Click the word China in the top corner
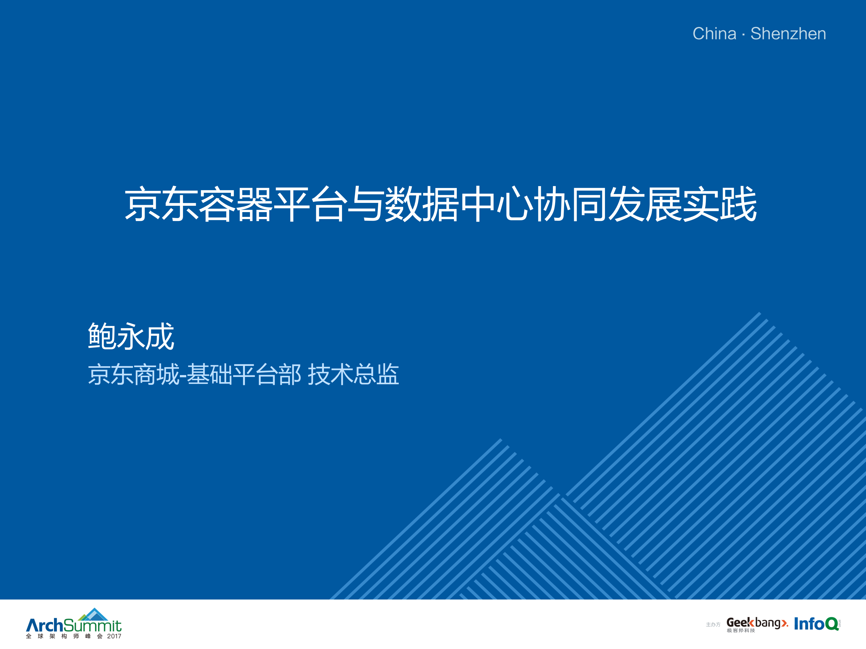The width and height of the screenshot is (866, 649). pos(714,34)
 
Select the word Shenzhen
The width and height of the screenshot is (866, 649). pos(788,34)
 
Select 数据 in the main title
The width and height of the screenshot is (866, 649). pos(422,204)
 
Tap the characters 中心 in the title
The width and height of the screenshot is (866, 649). pos(496,204)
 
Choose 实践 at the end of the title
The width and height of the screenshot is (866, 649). pos(719,204)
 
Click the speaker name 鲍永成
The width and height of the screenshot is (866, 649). pos(131,336)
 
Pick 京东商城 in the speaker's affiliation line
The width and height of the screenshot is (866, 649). pos(133,374)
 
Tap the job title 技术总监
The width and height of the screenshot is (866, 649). pos(353,374)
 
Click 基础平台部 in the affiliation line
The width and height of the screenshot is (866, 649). pos(244,374)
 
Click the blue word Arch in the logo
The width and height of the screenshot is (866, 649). pos(44,625)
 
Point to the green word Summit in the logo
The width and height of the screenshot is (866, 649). pos(92,626)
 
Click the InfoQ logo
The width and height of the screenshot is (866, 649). pos(816,624)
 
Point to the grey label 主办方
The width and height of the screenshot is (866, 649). pos(713,625)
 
